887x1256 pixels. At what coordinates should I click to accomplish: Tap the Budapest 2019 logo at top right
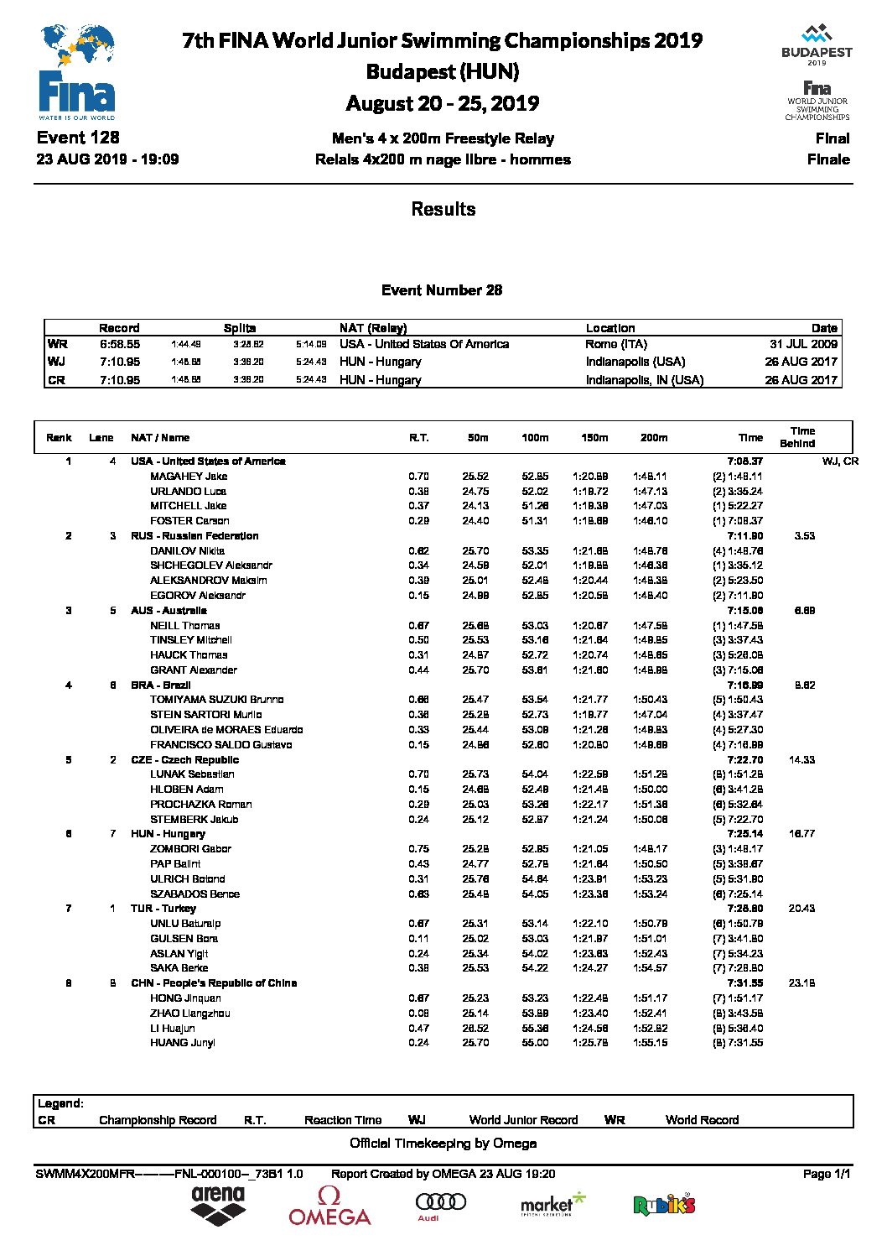pos(817,45)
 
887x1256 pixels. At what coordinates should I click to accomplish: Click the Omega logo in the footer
pos(329,1206)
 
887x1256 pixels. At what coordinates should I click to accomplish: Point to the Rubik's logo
pos(664,1206)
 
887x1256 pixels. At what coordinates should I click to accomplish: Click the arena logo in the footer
pos(218,1205)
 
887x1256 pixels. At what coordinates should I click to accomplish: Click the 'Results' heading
pos(443,210)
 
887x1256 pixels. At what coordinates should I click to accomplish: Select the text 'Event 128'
pos(78,138)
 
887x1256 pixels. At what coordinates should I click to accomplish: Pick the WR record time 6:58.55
pos(119,344)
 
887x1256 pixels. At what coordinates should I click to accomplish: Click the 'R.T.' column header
pos(418,438)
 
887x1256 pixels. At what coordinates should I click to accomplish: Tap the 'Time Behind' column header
pos(801,437)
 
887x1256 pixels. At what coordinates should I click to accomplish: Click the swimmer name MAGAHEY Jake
pos(189,477)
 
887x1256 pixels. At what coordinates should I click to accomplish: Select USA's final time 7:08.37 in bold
pos(744,461)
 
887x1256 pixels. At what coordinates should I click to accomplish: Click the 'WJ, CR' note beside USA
pos(840,461)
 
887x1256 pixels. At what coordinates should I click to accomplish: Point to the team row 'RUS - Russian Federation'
pos(195,536)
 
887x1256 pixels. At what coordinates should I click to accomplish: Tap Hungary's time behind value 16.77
pos(801,834)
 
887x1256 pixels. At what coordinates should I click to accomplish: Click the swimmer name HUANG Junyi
pos(183,1043)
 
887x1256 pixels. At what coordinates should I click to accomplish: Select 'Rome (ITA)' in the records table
pos(616,344)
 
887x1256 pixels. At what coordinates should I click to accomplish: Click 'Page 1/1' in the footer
pos(826,1174)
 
